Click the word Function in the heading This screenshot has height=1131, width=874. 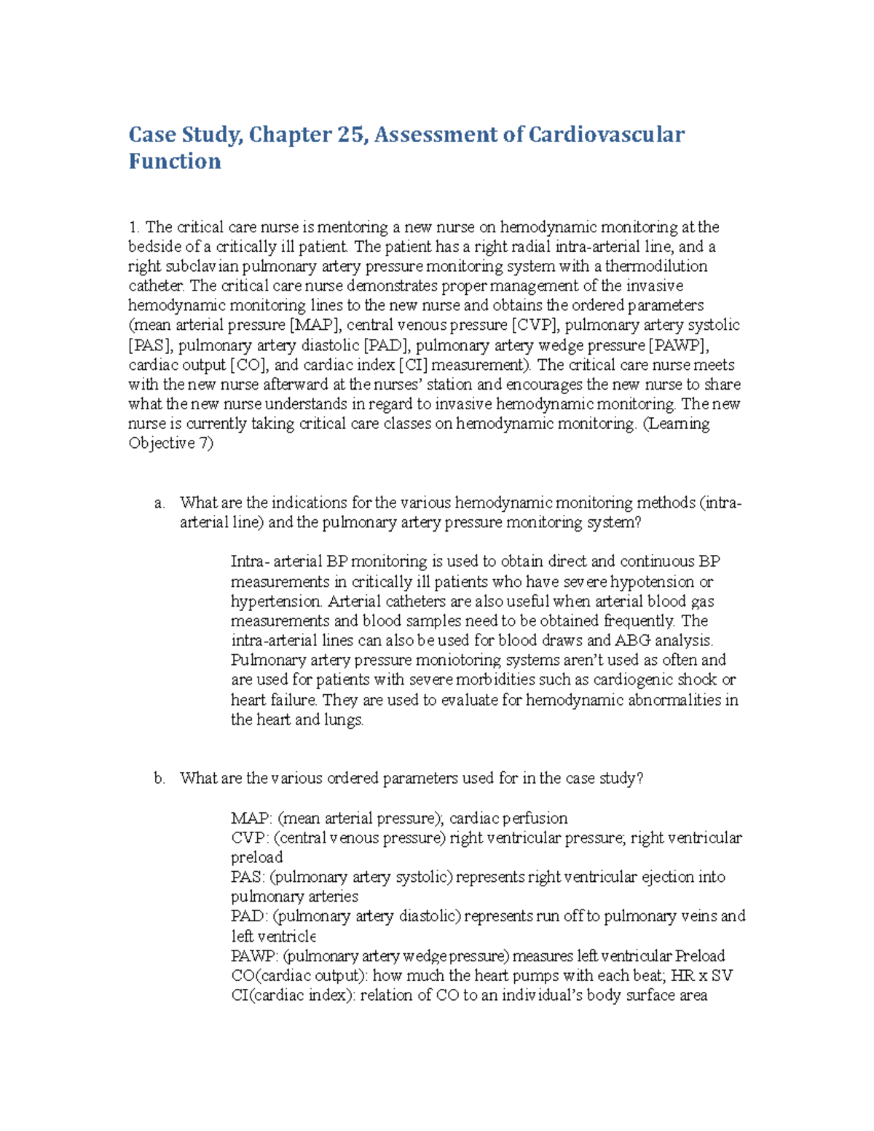tap(175, 161)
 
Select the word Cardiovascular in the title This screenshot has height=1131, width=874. tap(606, 135)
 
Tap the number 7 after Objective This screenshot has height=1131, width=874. tap(205, 444)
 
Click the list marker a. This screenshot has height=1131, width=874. tap(160, 503)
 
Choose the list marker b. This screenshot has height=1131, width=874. tap(160, 779)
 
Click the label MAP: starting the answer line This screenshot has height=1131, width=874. tap(252, 819)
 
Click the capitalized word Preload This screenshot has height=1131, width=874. tap(700, 956)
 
